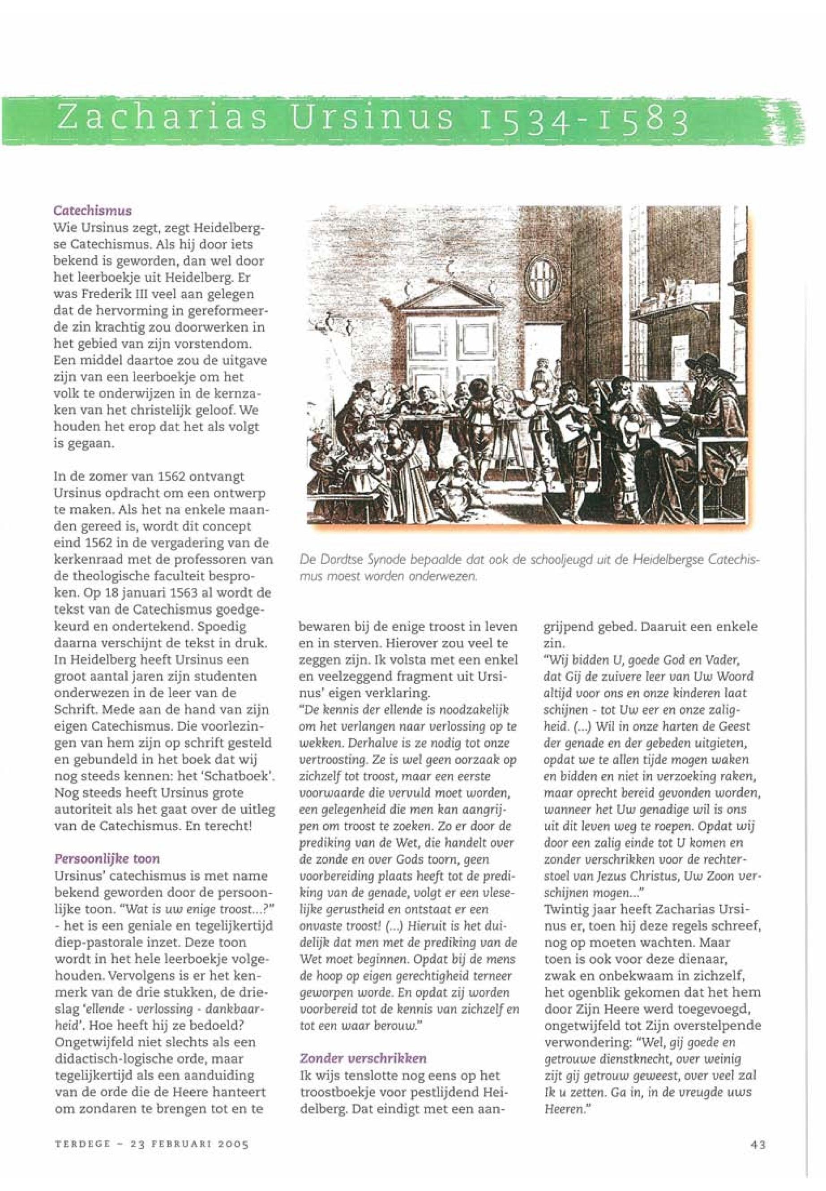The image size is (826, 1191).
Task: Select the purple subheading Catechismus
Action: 93,211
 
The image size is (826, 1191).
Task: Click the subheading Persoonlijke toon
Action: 107,858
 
